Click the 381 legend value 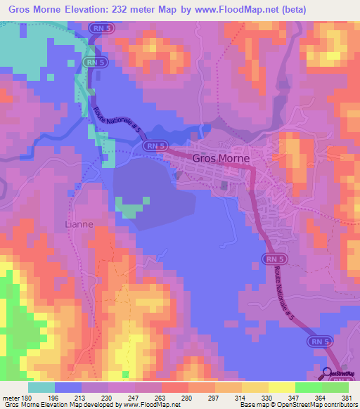pyautogui.click(x=345, y=398)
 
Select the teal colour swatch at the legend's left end pyautogui.click(x=41, y=387)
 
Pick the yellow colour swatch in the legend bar pyautogui.click(x=281, y=387)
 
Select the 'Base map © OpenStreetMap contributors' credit pyautogui.click(x=295, y=405)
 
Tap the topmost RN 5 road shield pyautogui.click(x=100, y=27)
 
